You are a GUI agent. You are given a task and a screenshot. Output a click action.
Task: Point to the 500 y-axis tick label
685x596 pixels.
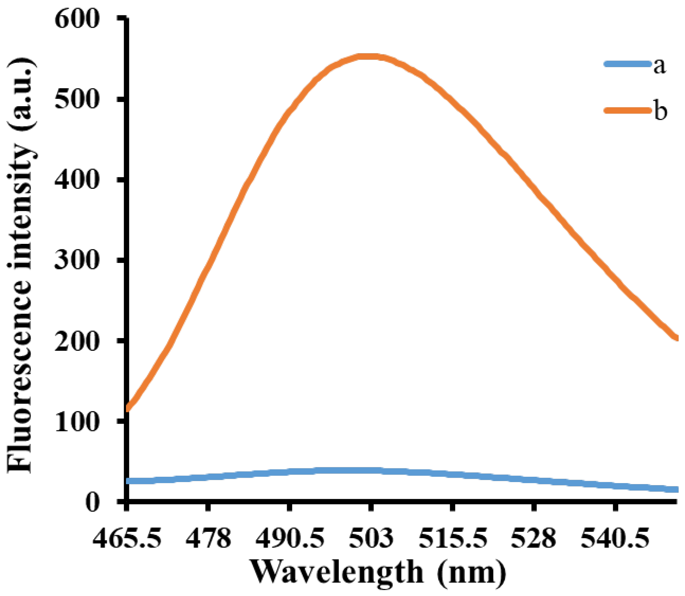coord(77,99)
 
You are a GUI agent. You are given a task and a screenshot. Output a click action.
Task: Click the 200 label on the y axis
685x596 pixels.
coord(77,341)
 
